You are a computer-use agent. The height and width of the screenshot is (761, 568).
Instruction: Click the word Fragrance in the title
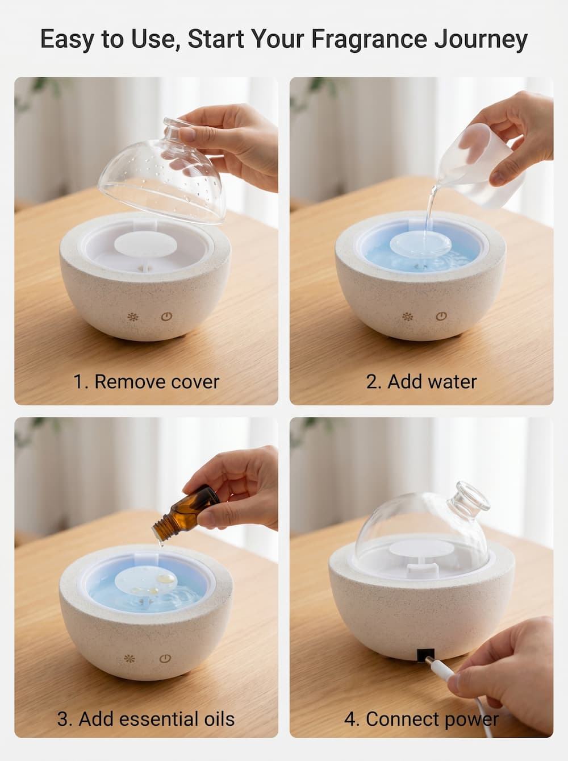pos(369,39)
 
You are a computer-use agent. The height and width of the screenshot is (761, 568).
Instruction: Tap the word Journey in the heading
pos(481,39)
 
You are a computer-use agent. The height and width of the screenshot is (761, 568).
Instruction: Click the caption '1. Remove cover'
pos(146,381)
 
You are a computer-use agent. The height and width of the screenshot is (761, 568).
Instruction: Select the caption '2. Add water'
pos(421,381)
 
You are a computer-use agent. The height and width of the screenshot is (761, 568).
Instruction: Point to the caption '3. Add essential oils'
pos(146,719)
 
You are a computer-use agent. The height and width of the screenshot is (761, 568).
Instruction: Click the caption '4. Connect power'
pos(421,719)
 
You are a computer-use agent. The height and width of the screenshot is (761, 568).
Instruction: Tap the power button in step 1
pos(166,317)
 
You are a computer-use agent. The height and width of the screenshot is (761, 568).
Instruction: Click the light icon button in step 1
pos(133,317)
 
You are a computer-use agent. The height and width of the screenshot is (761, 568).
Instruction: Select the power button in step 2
pos(441,317)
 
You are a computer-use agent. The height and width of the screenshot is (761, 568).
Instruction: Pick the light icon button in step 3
pos(130,659)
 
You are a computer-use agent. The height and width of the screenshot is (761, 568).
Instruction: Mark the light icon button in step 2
pos(408,317)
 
